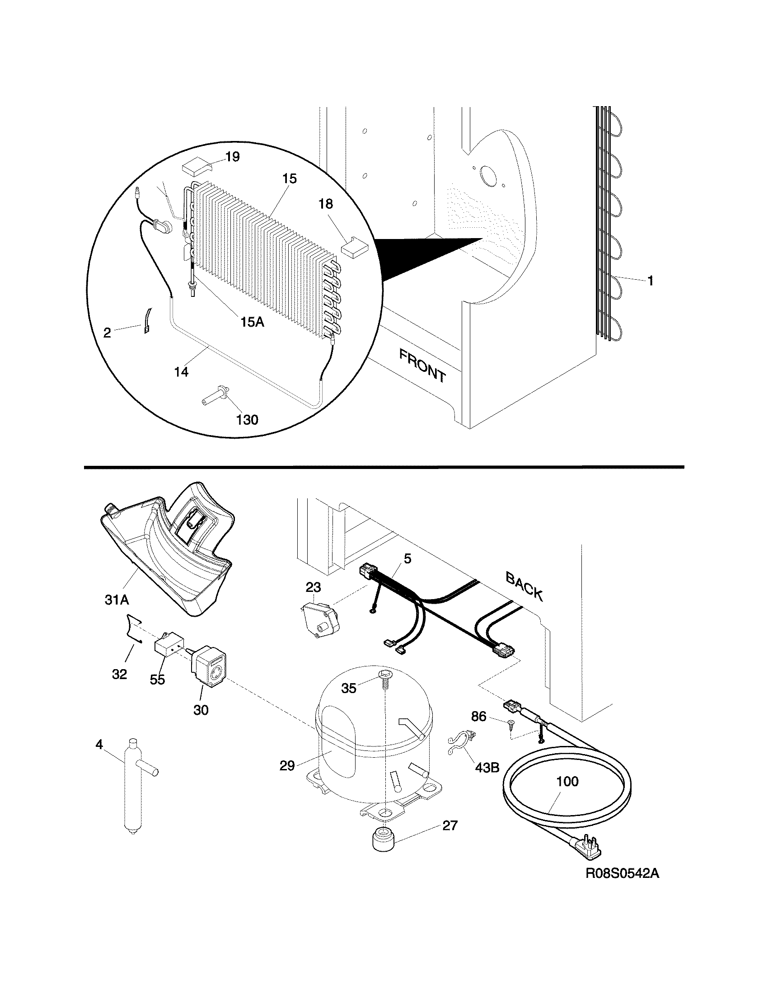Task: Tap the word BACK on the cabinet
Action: pyautogui.click(x=524, y=586)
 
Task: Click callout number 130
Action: pyautogui.click(x=248, y=419)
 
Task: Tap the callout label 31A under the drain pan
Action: pyautogui.click(x=117, y=600)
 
